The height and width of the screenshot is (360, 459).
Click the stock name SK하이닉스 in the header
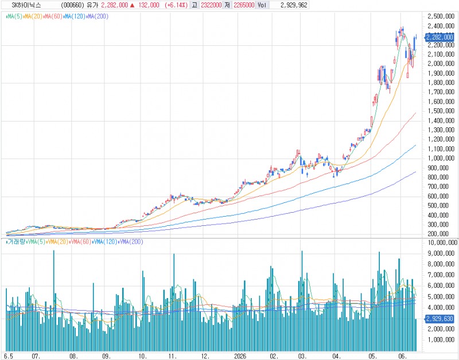(x=26, y=5)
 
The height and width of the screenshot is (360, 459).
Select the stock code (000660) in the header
(x=73, y=5)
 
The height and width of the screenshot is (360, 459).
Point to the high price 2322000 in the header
(x=211, y=5)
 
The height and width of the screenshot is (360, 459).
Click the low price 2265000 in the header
(x=244, y=5)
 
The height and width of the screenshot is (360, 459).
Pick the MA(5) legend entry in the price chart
(x=14, y=17)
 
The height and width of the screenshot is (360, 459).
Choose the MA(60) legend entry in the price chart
(x=53, y=17)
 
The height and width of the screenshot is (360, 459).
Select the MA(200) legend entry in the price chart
(x=98, y=17)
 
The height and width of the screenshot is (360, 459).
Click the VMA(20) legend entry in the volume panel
(x=57, y=242)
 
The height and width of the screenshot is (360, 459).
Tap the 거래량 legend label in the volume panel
(x=16, y=242)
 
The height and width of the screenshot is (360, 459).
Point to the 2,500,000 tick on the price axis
(x=441, y=17)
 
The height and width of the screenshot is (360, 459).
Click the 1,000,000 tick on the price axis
(x=441, y=158)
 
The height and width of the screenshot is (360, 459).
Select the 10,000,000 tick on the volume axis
(x=442, y=242)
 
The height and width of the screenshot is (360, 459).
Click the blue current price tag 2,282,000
(x=439, y=37)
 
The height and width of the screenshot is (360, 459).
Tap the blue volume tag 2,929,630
(x=439, y=319)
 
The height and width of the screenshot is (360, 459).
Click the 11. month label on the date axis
(x=173, y=356)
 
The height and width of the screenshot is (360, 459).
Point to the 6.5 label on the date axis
(x=9, y=356)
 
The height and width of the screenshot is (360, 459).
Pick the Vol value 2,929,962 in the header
(x=294, y=5)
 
